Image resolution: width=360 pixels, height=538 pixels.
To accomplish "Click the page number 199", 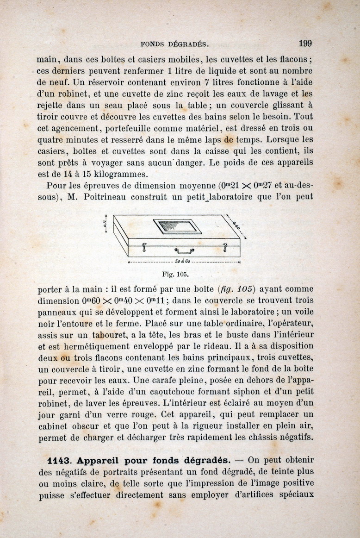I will tap(305, 44).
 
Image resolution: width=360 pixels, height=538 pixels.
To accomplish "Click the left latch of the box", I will tap(144, 248).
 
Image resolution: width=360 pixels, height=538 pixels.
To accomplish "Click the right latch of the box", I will tap(225, 248).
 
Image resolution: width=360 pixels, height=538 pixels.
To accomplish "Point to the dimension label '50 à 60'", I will tap(184, 262).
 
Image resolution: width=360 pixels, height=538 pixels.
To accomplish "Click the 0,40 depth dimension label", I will tap(238, 225).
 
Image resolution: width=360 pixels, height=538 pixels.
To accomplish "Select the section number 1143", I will tap(59, 461).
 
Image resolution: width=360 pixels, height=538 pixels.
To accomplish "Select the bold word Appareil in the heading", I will tap(98, 461).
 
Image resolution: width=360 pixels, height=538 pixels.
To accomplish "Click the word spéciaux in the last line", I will tap(296, 494).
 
